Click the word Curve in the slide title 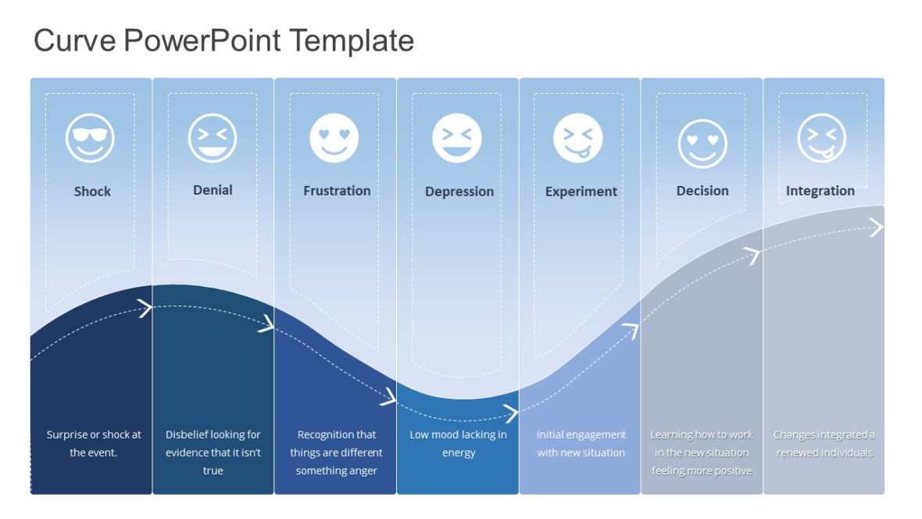click(x=73, y=40)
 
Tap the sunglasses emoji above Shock click(x=90, y=138)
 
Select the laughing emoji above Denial click(x=213, y=138)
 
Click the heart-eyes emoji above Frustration click(x=334, y=138)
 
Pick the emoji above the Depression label click(x=457, y=138)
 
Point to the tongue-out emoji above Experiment click(x=578, y=138)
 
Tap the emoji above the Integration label click(x=822, y=138)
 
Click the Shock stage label click(x=92, y=191)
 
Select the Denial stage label click(x=213, y=190)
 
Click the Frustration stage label click(x=337, y=191)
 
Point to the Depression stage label click(x=459, y=191)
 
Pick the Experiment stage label click(x=581, y=191)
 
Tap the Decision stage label click(x=702, y=191)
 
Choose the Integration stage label click(x=820, y=191)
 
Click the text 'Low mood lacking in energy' click(x=459, y=443)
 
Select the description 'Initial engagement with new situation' click(x=581, y=443)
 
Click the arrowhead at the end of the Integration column click(x=877, y=227)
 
